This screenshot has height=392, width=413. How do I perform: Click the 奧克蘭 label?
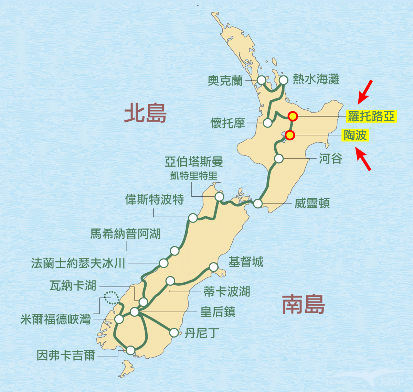coord(225,80)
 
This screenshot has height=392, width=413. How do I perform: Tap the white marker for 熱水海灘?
coord(284,80)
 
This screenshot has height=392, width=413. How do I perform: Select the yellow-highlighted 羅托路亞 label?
coord(371,117)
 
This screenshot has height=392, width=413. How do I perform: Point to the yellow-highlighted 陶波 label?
coord(355,135)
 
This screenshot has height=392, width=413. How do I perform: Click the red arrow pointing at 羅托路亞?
coord(365,91)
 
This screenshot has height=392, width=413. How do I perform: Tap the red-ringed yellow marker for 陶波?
coord(290,135)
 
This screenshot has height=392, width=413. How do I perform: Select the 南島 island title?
coord(303,305)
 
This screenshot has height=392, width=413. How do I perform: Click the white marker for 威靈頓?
coord(258,204)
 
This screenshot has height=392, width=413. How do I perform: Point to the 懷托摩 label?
coord(228,123)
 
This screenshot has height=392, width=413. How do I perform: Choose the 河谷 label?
coord(330,159)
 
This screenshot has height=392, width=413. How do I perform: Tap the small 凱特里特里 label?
coord(194,176)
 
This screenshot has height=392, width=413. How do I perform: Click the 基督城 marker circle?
coord(214,267)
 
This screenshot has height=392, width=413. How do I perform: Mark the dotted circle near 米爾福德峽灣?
coord(111,297)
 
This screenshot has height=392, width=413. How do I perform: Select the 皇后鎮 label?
coord(218,312)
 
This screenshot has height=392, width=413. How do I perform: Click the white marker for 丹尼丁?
coord(174,333)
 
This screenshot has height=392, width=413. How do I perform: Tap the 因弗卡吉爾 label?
coord(66,355)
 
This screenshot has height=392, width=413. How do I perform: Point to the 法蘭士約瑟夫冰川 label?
coord(78,263)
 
